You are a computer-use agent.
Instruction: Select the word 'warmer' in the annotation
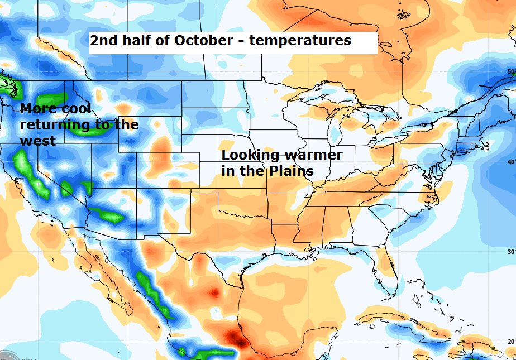point(313,155)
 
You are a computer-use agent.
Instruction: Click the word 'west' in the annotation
point(37,141)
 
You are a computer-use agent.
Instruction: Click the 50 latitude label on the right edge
point(510,72)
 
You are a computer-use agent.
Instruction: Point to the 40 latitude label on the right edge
point(510,162)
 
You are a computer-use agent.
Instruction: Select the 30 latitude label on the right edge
point(510,251)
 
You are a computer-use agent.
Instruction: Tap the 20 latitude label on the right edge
point(510,341)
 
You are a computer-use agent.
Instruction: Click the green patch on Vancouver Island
point(9,87)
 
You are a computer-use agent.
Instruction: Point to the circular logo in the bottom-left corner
point(7,354)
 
